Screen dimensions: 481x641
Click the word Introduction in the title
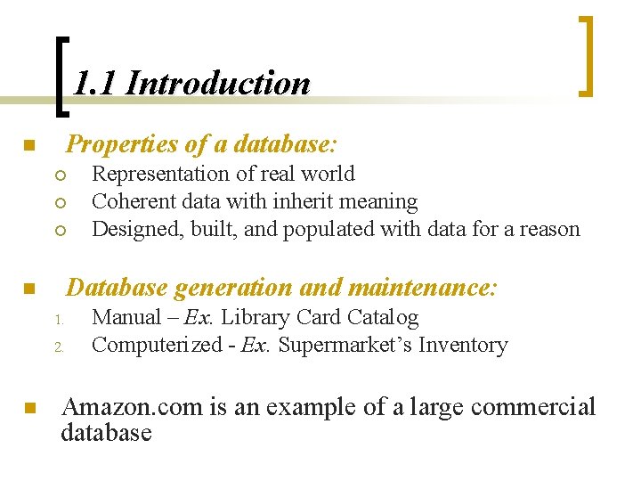218,84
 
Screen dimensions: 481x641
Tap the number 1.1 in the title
94,84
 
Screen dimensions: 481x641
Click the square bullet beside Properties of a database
28,145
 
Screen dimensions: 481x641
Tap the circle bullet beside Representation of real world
54,175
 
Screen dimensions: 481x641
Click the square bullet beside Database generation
28,289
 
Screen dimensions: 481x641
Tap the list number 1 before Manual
55,319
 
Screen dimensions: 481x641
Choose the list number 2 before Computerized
55,346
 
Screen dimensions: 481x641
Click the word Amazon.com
133,407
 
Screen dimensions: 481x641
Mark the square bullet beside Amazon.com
28,410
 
